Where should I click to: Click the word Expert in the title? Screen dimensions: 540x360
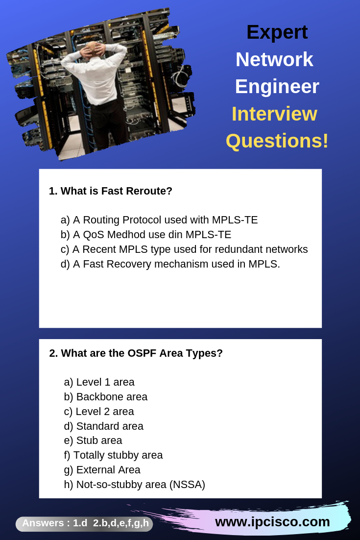[277, 32]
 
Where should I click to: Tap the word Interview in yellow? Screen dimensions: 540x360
[274, 114]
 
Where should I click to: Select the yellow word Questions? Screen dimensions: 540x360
[277, 141]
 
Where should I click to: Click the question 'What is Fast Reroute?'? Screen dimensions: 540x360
[111, 191]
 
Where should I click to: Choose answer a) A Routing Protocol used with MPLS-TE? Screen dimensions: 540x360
[159, 220]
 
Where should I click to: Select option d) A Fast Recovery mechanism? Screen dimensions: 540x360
[170, 264]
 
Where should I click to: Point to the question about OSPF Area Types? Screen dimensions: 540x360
[136, 353]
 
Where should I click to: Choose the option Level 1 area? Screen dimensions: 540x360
[99, 382]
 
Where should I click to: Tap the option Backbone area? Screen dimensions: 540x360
[106, 397]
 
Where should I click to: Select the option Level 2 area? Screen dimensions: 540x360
[99, 412]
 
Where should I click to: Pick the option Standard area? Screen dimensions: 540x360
[104, 426]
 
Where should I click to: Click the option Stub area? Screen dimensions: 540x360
[93, 441]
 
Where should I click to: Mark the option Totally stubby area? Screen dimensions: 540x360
[114, 455]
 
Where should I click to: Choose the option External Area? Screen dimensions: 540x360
[102, 470]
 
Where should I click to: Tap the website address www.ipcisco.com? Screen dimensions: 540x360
[272, 521]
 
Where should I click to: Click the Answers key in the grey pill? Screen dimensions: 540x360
[85, 523]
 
